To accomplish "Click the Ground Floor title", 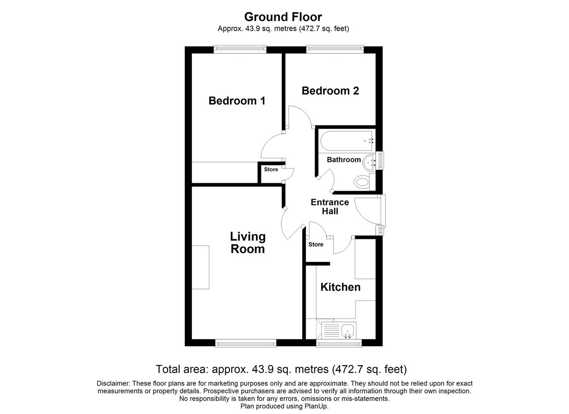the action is click(283, 17).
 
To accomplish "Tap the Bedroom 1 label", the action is click(237, 101).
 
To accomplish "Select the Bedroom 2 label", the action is click(330, 91).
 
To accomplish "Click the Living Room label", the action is click(248, 243).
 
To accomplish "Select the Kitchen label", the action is click(341, 287).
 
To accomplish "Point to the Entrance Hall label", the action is click(330, 207).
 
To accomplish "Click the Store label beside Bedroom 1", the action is click(271, 169).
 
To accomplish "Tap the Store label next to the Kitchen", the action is click(316, 245).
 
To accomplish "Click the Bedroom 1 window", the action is click(240, 49).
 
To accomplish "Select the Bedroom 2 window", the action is click(335, 49).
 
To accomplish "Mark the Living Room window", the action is click(246, 343).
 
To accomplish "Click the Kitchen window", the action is click(339, 343).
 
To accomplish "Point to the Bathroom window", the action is click(380, 161).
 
